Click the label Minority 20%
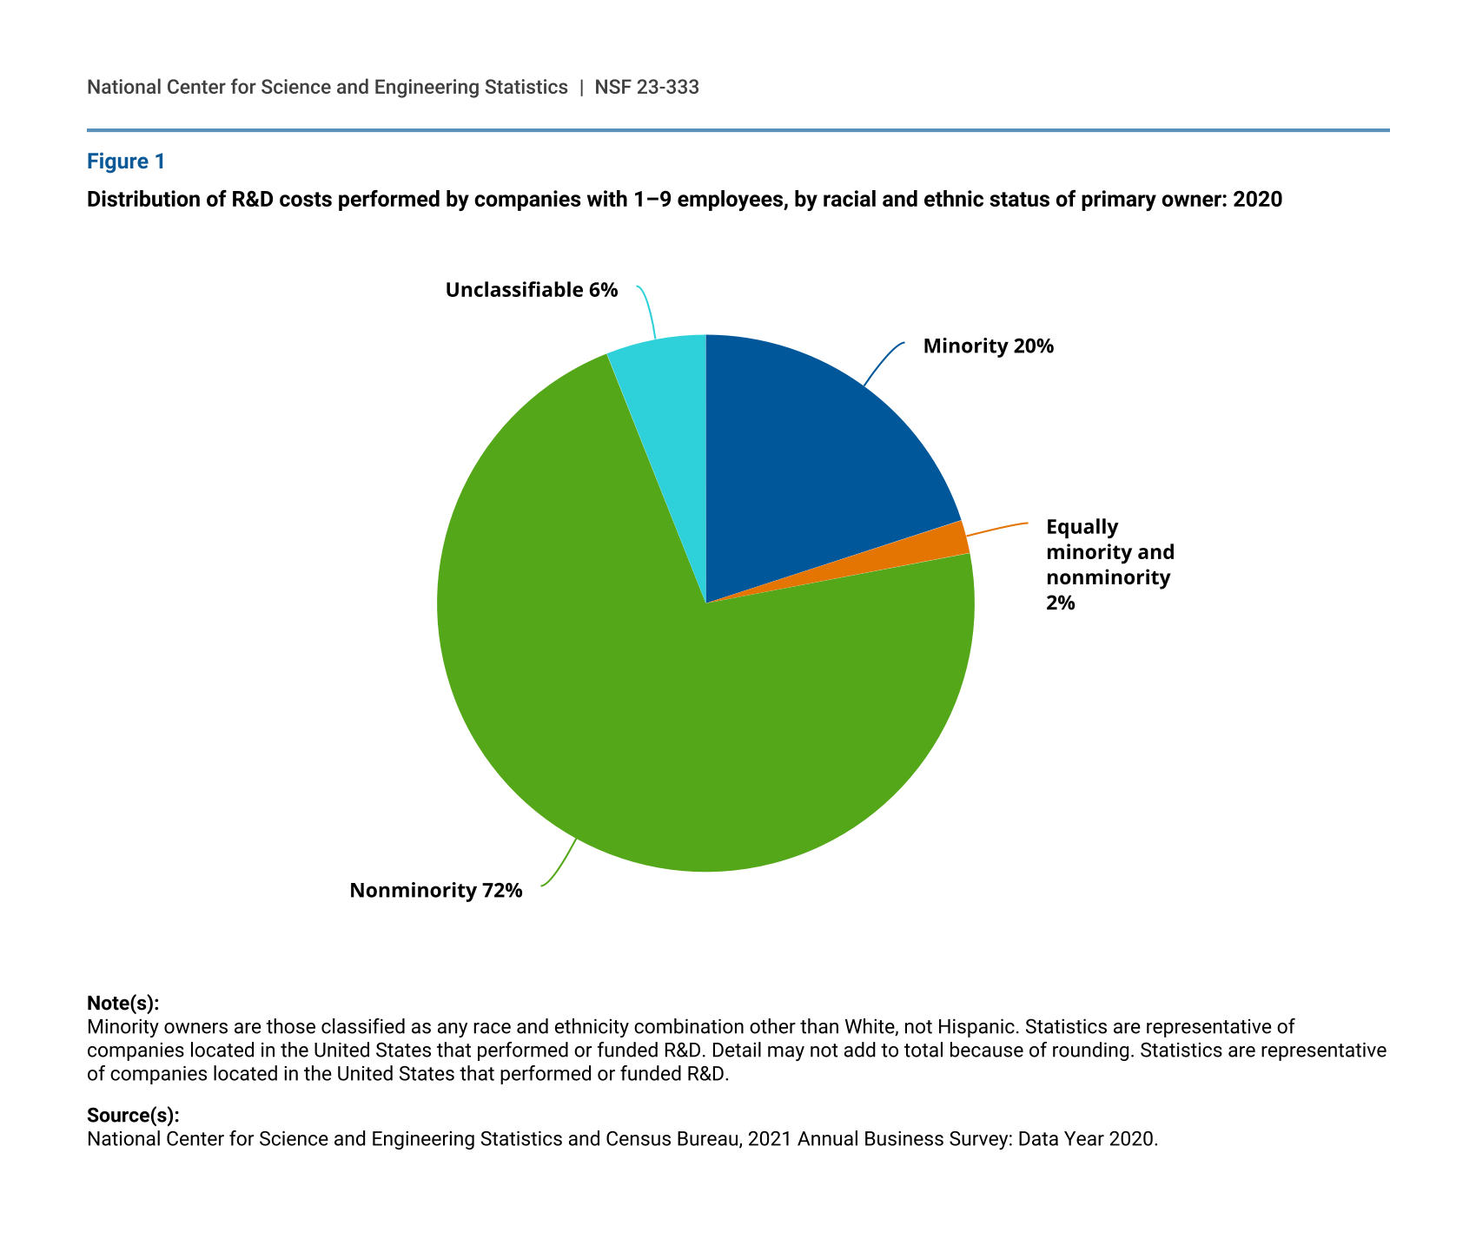coord(988,346)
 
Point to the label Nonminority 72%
coord(436,890)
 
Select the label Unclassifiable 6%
coord(532,290)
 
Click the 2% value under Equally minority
coord(1061,602)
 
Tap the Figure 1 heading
coord(126,161)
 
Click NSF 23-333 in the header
coord(646,87)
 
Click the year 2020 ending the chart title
coord(1257,200)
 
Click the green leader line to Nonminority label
coord(560,863)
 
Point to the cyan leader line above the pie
coord(647,310)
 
